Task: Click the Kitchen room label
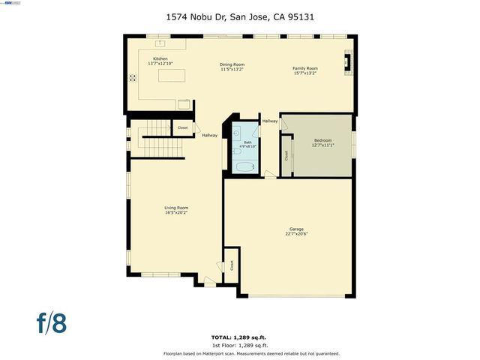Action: [x=160, y=58]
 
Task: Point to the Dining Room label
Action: [x=232, y=64]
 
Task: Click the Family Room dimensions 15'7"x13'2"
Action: [x=304, y=73]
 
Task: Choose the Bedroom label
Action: [x=322, y=140]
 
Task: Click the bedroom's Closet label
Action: [x=286, y=156]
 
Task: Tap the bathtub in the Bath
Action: [x=244, y=166]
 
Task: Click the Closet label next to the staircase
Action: [x=182, y=128]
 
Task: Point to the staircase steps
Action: [x=158, y=135]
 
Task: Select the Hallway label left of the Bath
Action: [x=209, y=136]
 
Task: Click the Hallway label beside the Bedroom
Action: [x=269, y=121]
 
